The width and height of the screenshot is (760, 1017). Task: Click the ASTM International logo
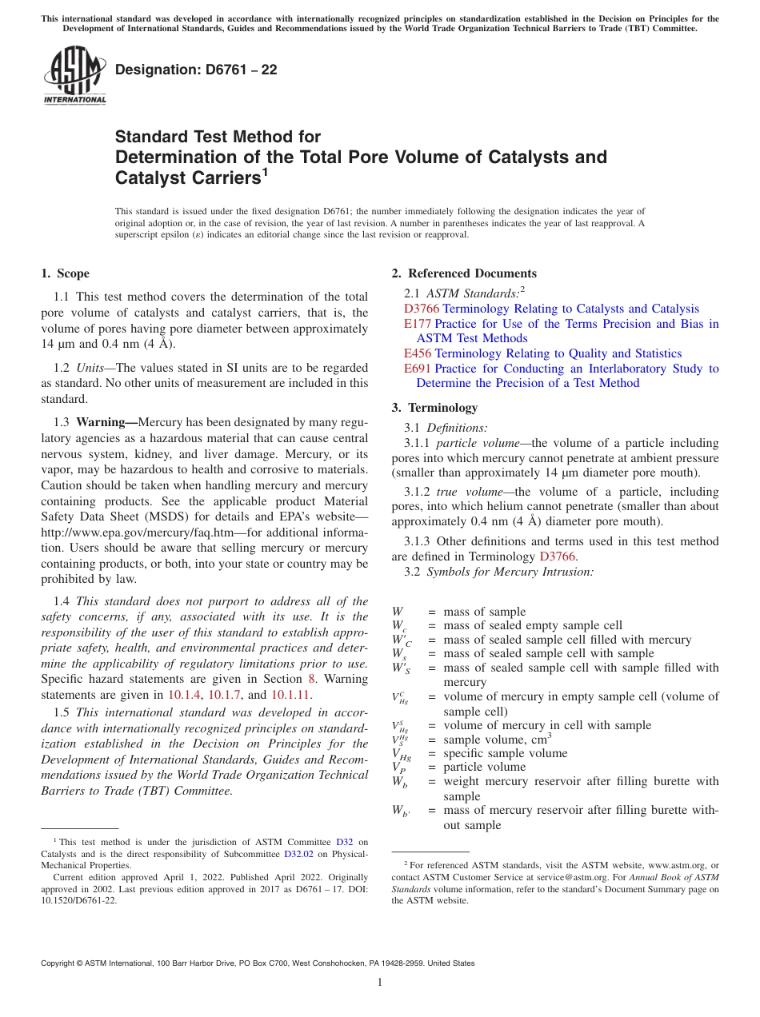coord(74,76)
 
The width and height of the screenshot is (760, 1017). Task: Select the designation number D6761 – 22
coord(196,70)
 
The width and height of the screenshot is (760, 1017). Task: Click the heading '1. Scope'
coord(65,273)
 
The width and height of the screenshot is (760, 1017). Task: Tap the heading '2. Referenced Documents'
coord(463,273)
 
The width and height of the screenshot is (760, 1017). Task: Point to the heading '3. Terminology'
coord(434,407)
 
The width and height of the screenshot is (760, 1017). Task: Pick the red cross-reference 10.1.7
coord(223,694)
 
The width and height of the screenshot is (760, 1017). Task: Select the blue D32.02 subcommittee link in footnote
coord(299,853)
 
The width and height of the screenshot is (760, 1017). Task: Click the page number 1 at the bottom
coord(380,983)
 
